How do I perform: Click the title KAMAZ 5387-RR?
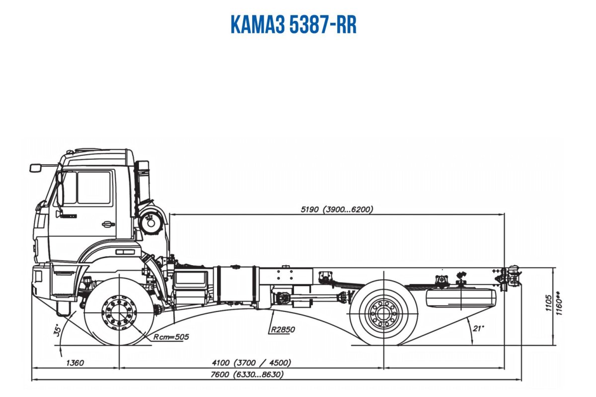(294, 25)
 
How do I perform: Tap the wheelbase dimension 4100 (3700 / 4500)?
(252, 363)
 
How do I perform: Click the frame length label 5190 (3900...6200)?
(337, 209)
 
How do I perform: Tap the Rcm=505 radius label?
(171, 337)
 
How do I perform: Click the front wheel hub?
(119, 312)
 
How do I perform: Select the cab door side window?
(93, 188)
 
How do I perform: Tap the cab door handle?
(108, 224)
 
